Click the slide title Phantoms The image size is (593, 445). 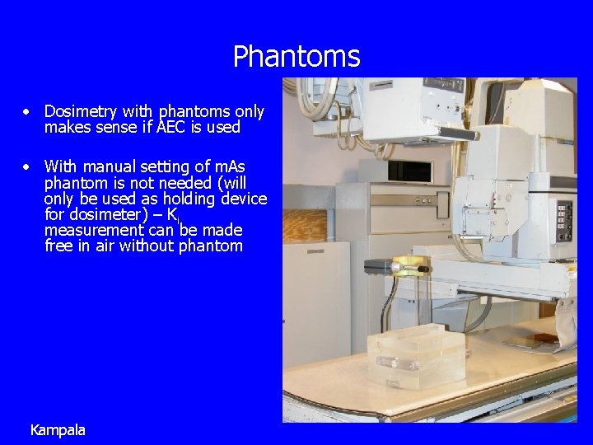pyautogui.click(x=296, y=57)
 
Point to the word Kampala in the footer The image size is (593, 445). pyautogui.click(x=58, y=430)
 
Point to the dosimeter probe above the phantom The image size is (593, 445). pyautogui.click(x=409, y=266)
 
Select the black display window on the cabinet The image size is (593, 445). pyautogui.click(x=409, y=171)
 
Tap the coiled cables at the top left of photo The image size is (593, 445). pyautogui.click(x=312, y=99)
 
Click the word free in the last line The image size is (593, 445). pyautogui.click(x=59, y=246)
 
